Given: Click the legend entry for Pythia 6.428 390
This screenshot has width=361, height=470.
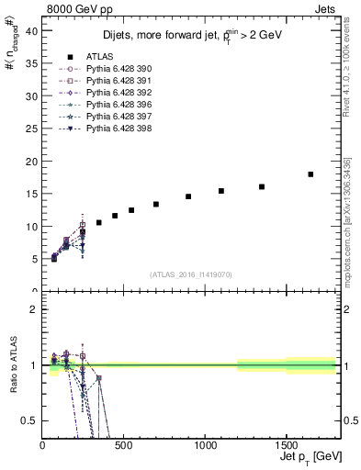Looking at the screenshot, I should pyautogui.click(x=110, y=69).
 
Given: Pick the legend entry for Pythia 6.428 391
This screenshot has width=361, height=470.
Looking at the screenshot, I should pyautogui.click(x=110, y=81).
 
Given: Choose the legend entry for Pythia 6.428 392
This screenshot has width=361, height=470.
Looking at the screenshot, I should pyautogui.click(x=110, y=93).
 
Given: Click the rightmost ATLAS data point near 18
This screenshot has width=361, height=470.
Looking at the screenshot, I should pyautogui.click(x=310, y=174).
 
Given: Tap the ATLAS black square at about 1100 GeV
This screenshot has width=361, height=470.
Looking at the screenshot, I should pyautogui.click(x=221, y=191).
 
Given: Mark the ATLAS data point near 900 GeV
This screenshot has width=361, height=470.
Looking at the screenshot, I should pyautogui.click(x=188, y=196).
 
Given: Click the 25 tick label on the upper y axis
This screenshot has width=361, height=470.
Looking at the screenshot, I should pyautogui.click(x=31, y=129).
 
